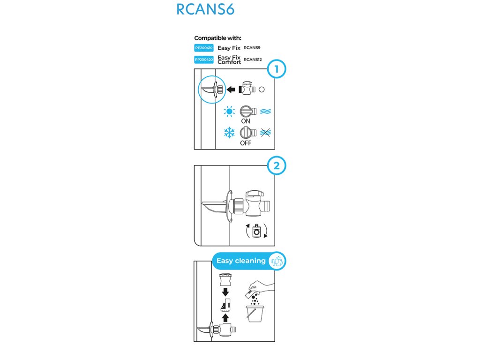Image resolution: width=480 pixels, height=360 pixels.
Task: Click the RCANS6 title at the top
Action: (x=205, y=10)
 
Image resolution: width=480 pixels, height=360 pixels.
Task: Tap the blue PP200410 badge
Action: (x=203, y=48)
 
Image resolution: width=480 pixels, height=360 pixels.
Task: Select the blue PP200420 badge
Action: (x=203, y=60)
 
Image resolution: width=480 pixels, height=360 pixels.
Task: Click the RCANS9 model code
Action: (x=253, y=48)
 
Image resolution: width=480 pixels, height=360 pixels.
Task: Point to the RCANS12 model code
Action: (x=253, y=60)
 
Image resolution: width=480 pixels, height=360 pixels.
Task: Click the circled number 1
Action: (x=276, y=70)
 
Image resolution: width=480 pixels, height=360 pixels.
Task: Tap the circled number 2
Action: (x=276, y=165)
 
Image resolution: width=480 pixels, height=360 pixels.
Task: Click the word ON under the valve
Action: (x=245, y=121)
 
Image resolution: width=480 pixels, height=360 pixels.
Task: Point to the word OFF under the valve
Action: (x=246, y=143)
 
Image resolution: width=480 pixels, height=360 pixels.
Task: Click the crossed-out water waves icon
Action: (x=266, y=133)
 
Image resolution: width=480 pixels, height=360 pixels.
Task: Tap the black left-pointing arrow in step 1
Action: (x=231, y=89)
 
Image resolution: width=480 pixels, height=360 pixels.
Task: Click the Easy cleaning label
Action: (x=241, y=261)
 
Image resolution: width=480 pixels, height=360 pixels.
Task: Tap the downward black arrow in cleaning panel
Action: (x=226, y=292)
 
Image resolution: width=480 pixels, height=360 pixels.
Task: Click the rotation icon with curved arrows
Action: (x=256, y=231)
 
